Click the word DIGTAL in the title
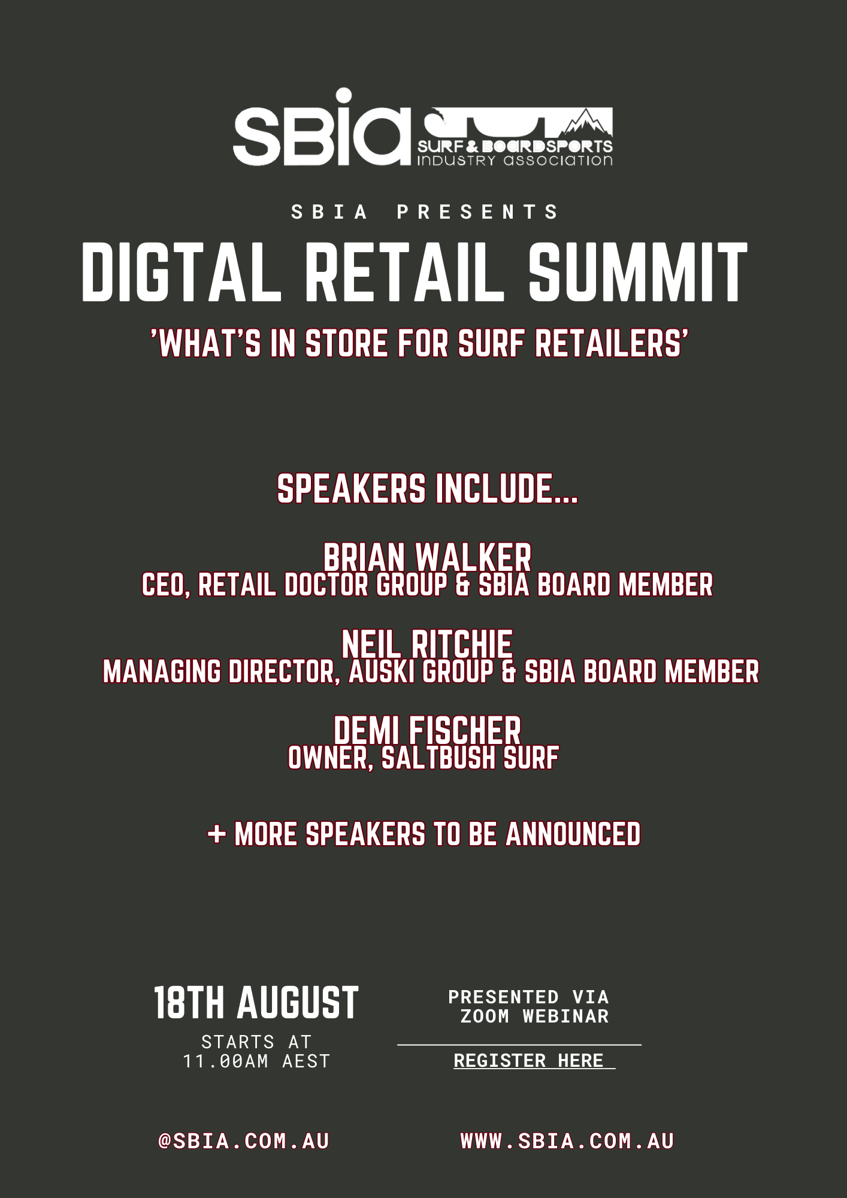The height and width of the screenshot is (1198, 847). tap(181, 273)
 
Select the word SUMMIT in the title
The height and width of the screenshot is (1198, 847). tap(638, 273)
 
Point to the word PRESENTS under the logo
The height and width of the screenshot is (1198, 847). tap(477, 212)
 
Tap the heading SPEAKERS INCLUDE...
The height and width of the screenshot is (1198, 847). tap(427, 489)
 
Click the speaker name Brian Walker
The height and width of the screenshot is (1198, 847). tap(427, 557)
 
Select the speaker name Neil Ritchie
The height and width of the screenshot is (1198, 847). tap(427, 644)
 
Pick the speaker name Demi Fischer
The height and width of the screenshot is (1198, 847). tap(427, 730)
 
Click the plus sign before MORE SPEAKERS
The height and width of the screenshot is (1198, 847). tap(216, 834)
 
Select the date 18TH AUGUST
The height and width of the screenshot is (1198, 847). tap(256, 1003)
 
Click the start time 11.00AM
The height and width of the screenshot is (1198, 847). tap(226, 1061)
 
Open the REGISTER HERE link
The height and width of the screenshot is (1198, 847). tap(528, 1060)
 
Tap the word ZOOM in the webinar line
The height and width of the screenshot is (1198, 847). tap(485, 1016)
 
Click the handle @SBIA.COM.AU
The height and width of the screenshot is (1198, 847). tap(244, 1141)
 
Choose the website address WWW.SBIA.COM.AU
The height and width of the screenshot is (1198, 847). tap(567, 1141)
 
